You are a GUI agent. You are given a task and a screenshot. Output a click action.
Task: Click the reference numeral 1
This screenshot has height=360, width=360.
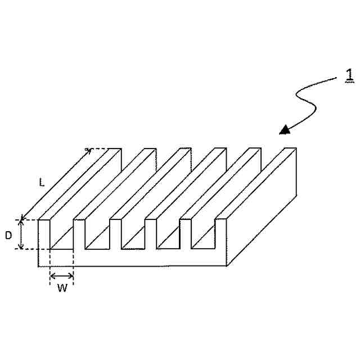[x=349, y=75]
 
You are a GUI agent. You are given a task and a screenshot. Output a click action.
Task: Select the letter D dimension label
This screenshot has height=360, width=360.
[x=8, y=235]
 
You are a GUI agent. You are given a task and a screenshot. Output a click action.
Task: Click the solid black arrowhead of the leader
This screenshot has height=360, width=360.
[x=286, y=130]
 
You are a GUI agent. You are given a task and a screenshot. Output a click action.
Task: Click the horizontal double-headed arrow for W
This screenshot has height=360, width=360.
[x=62, y=276]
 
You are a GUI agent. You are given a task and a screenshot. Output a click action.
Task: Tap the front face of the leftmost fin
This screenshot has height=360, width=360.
[x=44, y=236]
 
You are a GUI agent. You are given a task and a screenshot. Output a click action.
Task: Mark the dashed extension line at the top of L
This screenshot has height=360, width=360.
[x=104, y=149]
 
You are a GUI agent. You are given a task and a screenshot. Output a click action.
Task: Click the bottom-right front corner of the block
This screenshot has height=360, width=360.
[x=227, y=265]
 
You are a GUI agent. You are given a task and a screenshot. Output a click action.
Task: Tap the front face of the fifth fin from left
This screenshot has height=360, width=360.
[x=186, y=235]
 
